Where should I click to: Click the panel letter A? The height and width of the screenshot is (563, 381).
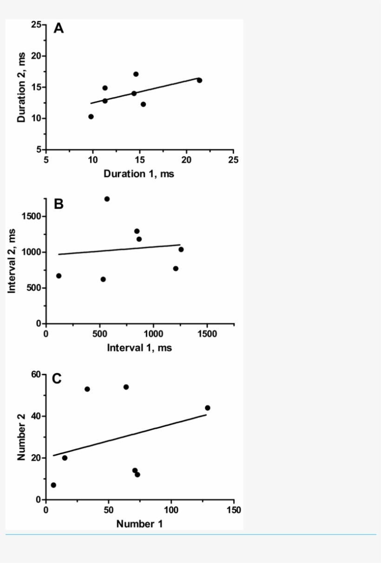(x=59, y=29)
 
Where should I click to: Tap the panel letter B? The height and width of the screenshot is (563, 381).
(x=59, y=204)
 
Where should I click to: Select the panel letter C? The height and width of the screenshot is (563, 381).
(x=57, y=379)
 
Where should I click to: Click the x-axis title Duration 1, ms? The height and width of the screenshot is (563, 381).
(x=139, y=174)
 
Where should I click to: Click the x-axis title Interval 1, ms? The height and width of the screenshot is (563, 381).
(x=139, y=348)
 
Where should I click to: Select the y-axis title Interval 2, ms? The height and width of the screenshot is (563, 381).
(x=12, y=261)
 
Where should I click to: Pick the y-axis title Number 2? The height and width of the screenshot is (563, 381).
(x=21, y=437)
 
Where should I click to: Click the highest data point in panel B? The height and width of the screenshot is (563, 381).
(x=107, y=199)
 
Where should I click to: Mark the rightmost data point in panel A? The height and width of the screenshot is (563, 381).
(x=199, y=80)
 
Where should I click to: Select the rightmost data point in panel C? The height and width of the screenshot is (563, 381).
(x=207, y=408)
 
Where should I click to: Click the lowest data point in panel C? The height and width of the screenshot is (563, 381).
(x=53, y=485)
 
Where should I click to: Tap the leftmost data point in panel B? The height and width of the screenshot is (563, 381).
(x=59, y=276)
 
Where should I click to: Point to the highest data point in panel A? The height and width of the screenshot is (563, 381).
(x=136, y=74)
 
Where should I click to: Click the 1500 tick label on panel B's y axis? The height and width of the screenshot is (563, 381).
(x=33, y=217)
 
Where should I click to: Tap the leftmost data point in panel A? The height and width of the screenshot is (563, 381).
(x=91, y=117)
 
